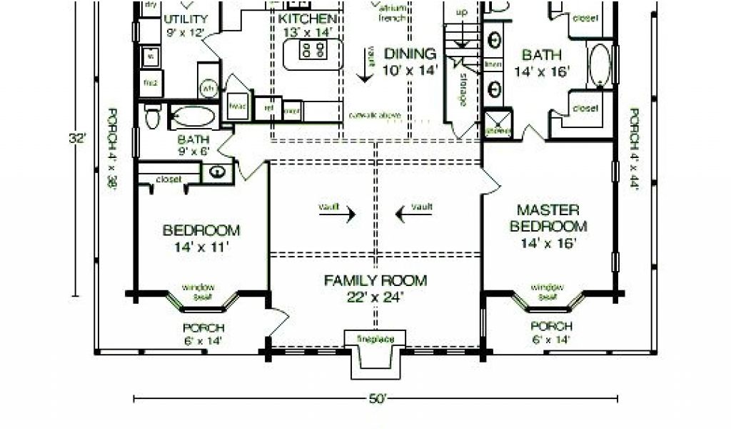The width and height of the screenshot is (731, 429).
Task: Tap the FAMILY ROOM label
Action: pos(375,280)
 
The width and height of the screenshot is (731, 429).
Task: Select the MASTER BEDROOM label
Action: pos(548,218)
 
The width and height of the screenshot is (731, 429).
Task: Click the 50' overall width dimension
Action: pos(375,399)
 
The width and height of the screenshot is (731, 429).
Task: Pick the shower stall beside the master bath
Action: pos(498,123)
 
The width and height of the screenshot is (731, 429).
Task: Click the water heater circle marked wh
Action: pos(208,89)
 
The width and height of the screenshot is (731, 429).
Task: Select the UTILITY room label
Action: pos(186,19)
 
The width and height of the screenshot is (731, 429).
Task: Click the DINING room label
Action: pos(410,54)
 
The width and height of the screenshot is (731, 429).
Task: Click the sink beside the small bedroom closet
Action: pos(216,172)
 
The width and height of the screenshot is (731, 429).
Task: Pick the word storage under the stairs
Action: pos(463,88)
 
